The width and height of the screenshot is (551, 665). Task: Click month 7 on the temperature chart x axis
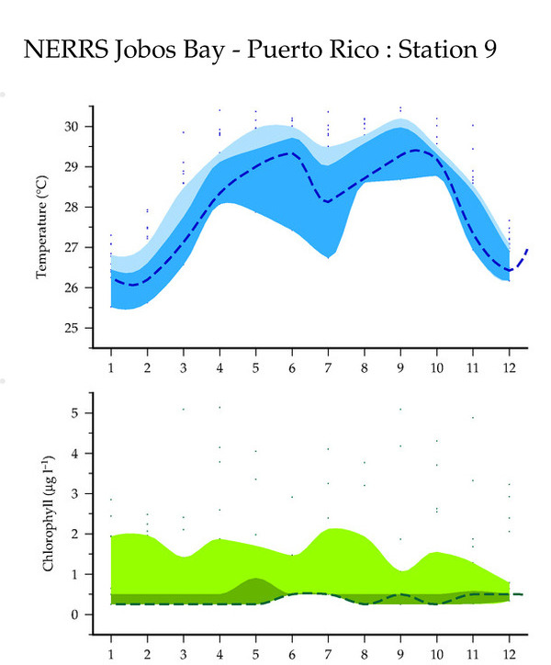(x=328, y=366)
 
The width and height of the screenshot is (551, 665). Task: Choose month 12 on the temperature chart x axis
(x=509, y=366)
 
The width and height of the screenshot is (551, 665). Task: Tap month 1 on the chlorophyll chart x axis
(x=111, y=653)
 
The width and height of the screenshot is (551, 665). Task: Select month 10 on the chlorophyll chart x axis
(x=436, y=653)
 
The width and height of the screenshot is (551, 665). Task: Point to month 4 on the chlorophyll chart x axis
(x=219, y=653)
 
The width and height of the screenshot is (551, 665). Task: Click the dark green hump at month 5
(x=255, y=588)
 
